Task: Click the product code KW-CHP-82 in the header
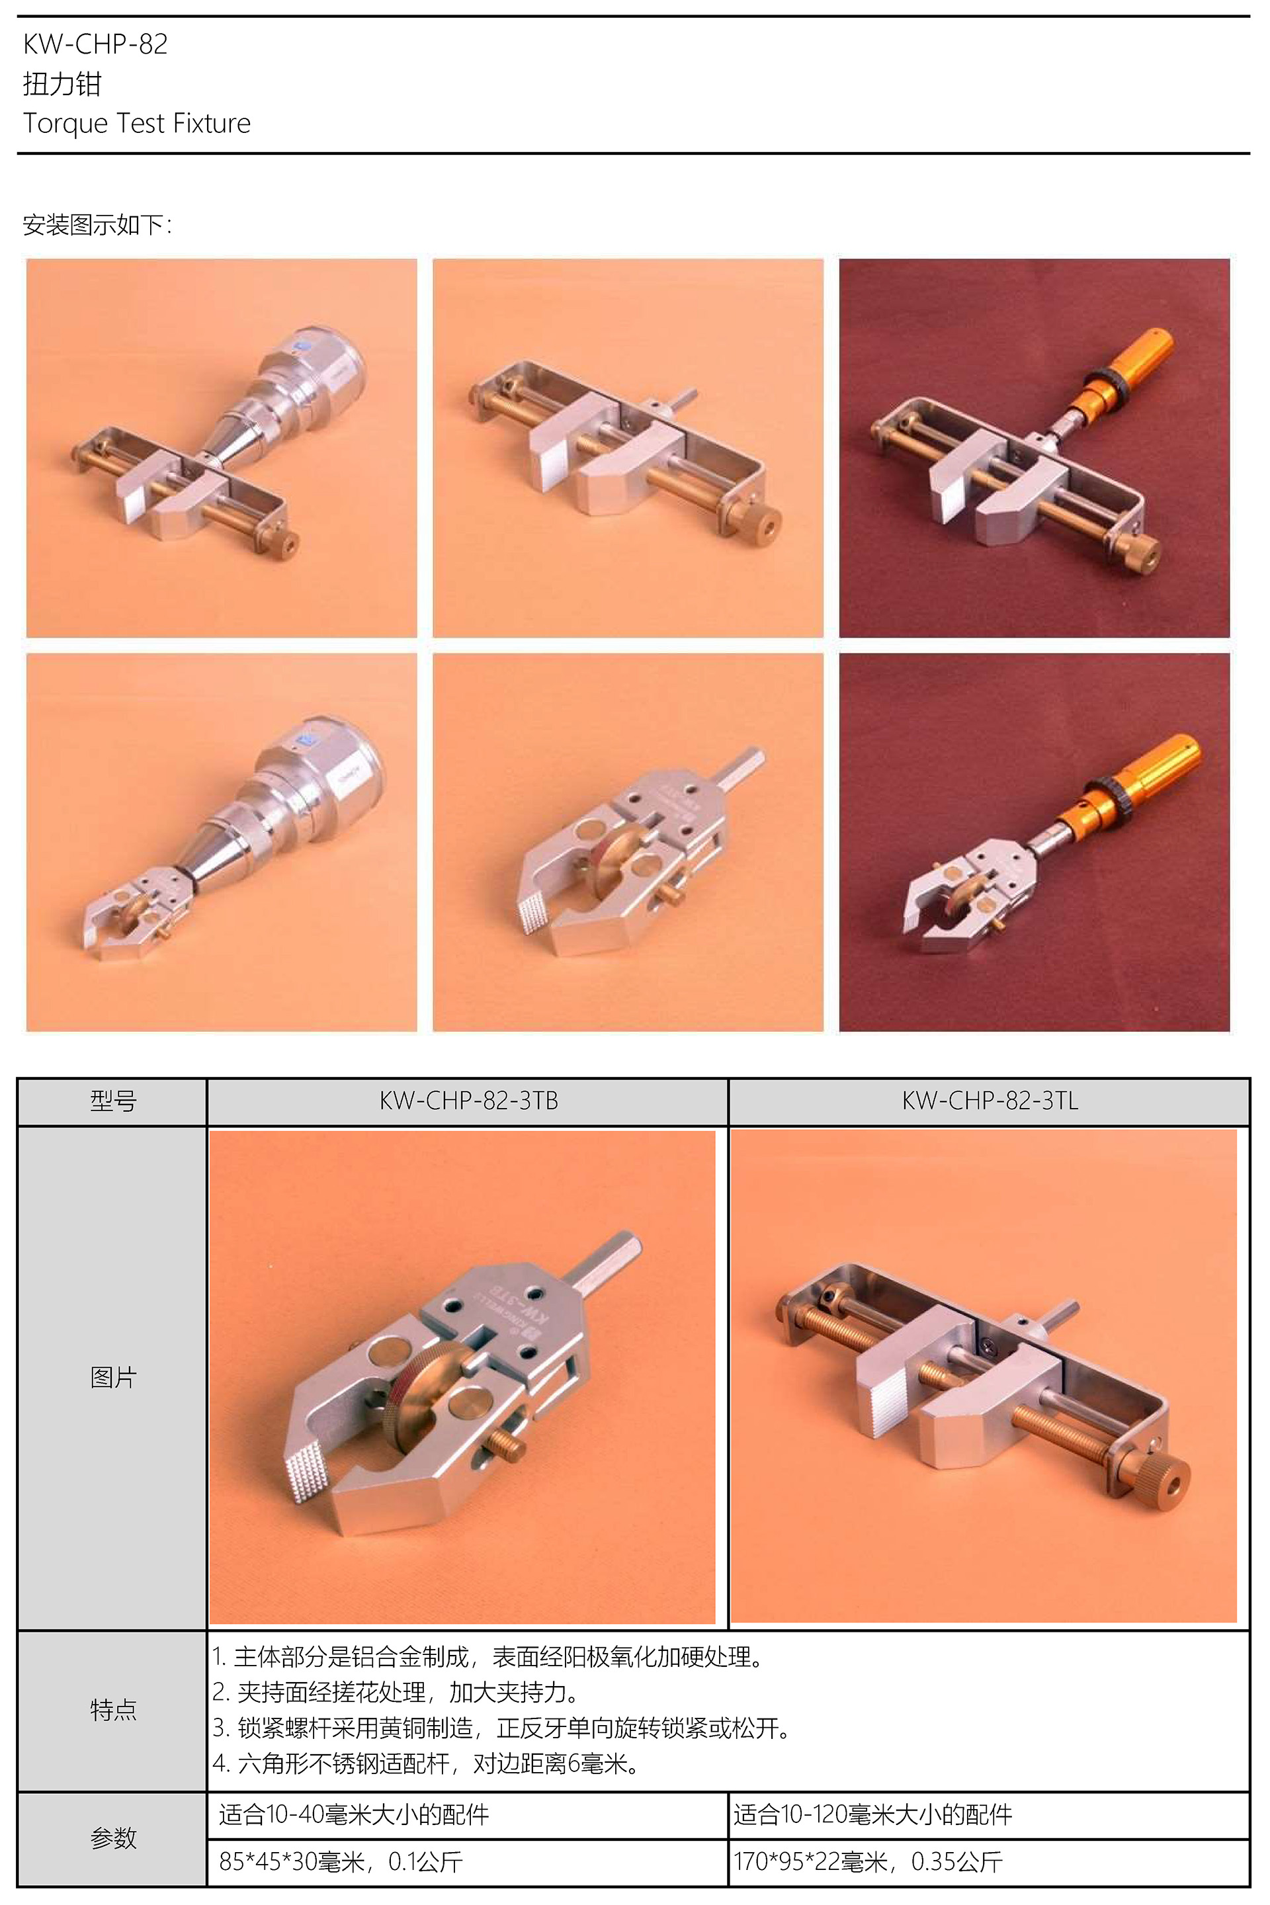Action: (x=95, y=44)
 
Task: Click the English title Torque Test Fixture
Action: (x=137, y=123)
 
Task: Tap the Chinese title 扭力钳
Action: (x=62, y=83)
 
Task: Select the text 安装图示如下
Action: (x=93, y=224)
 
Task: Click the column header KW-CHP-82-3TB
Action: (x=468, y=1101)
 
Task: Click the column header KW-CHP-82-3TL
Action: (x=990, y=1101)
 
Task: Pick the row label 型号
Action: (x=113, y=1101)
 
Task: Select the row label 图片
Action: (x=113, y=1377)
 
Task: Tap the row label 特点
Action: (x=113, y=1711)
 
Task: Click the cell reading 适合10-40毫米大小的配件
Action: (x=354, y=1814)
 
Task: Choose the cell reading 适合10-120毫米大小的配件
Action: (x=873, y=1814)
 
